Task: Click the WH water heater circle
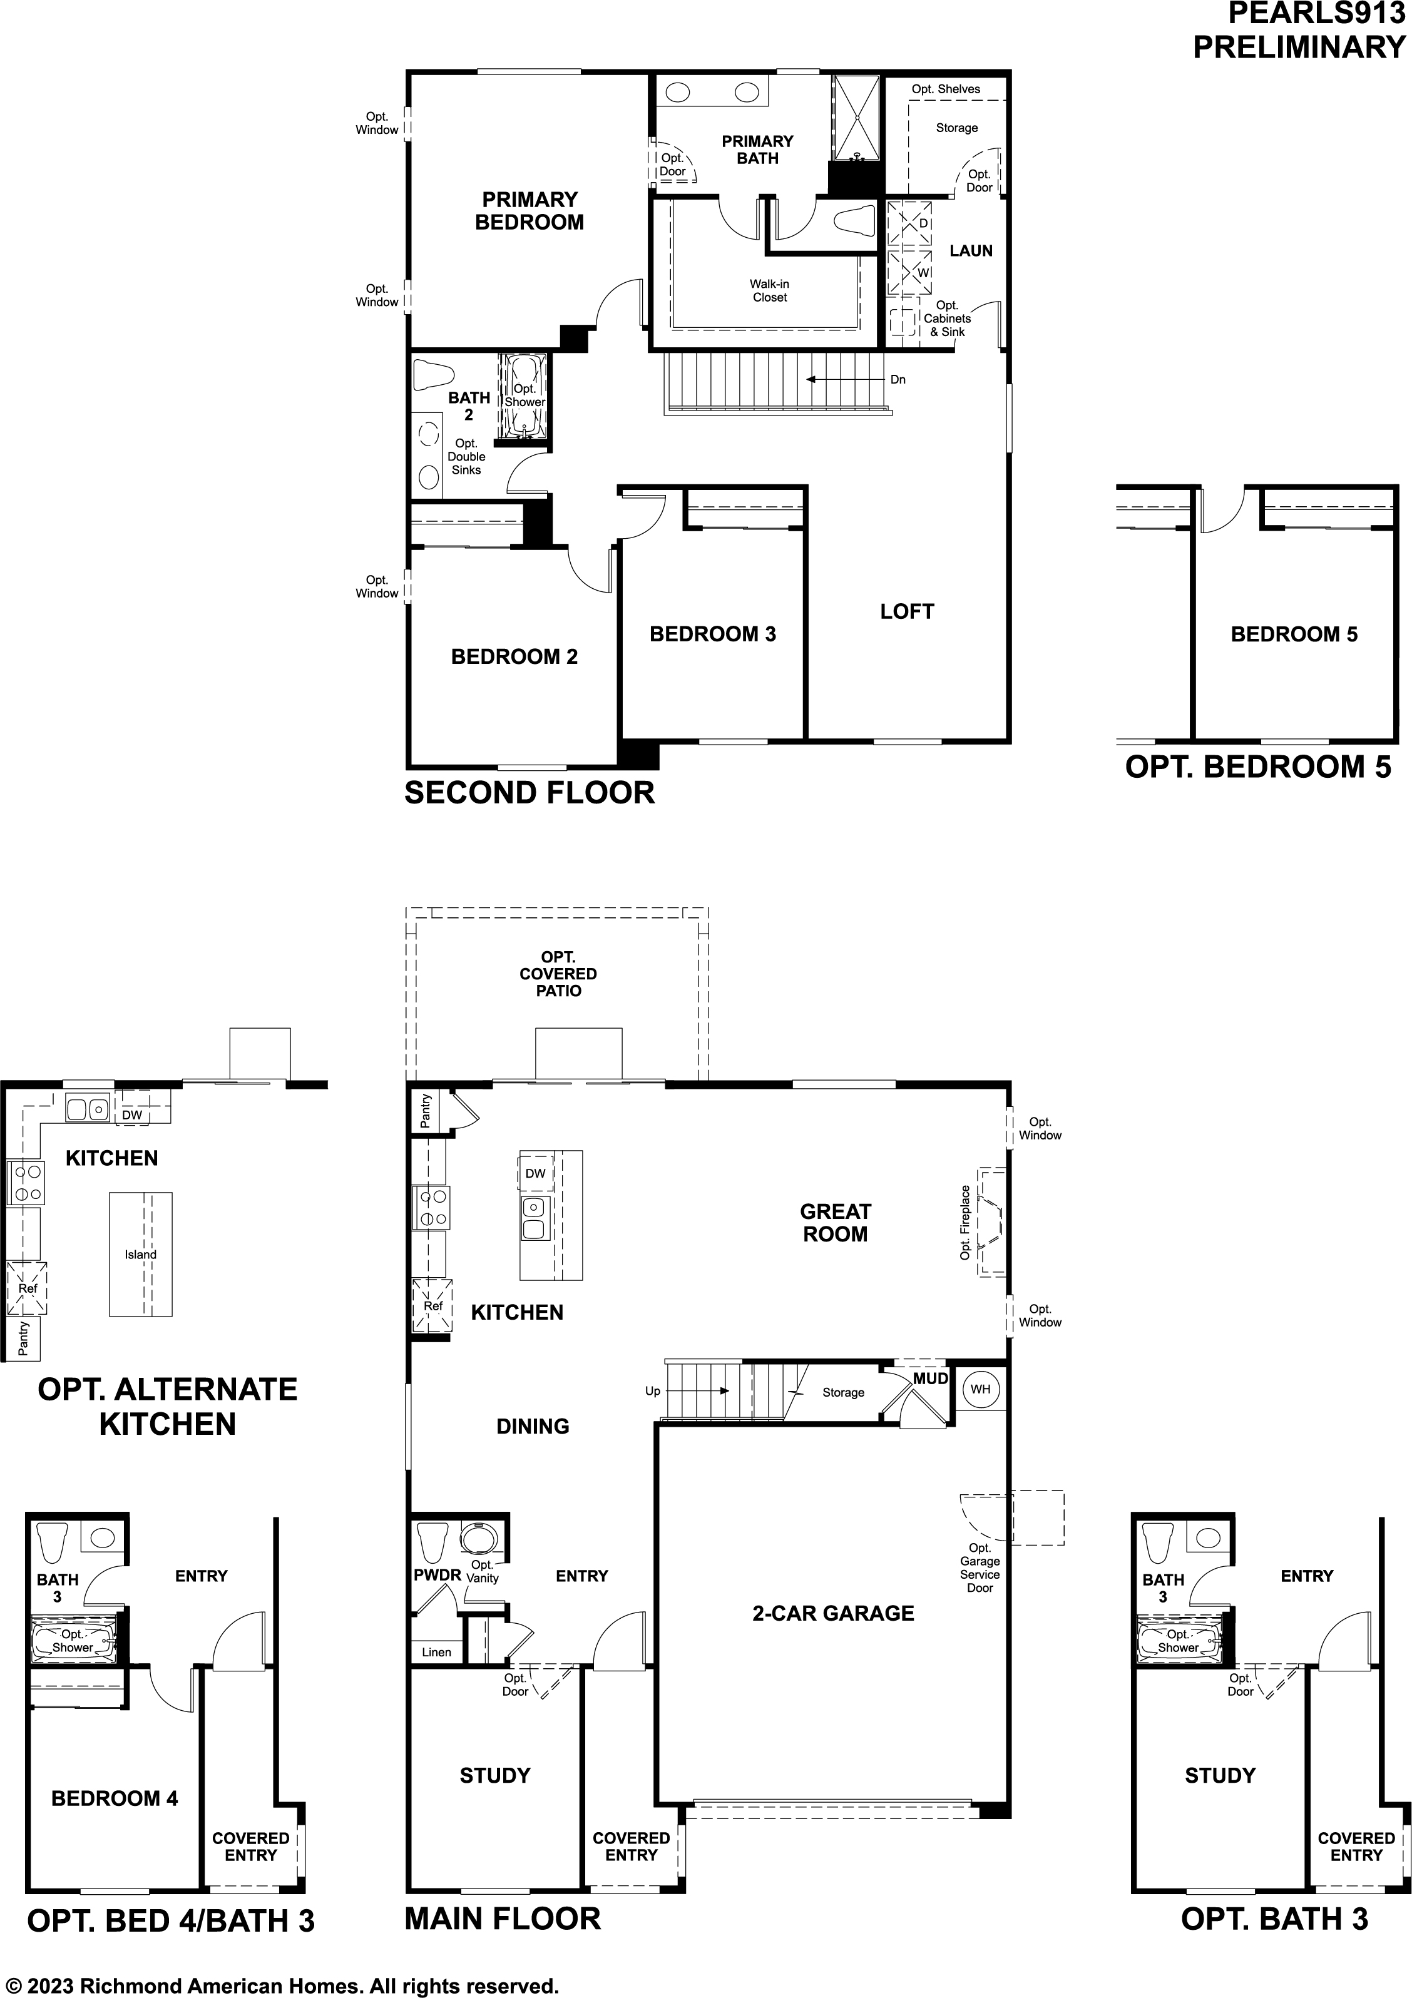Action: point(980,1389)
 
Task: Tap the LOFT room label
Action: point(906,612)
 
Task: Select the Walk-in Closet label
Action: point(770,290)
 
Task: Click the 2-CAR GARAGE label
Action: point(833,1613)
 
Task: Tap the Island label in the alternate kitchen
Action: point(140,1254)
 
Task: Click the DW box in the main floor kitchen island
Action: point(535,1173)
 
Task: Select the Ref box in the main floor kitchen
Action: point(432,1305)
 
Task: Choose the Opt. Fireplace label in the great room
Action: point(964,1222)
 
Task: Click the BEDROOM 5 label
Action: point(1294,635)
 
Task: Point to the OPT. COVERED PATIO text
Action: point(558,974)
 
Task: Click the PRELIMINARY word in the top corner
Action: point(1298,47)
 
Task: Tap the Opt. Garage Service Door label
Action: point(980,1567)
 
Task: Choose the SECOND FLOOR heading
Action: point(529,793)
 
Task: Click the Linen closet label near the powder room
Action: point(436,1652)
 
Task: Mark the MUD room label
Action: point(929,1379)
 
